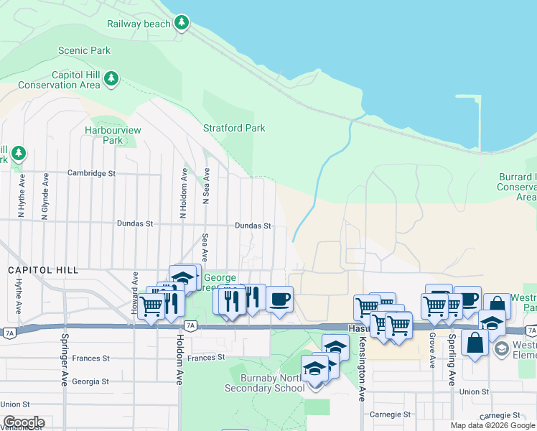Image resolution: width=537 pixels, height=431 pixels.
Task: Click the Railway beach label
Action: [139, 24]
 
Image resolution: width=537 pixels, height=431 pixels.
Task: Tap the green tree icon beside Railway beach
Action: [182, 23]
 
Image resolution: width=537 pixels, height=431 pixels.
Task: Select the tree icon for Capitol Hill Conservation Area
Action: [111, 78]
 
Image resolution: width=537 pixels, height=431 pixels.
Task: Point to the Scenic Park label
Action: [85, 51]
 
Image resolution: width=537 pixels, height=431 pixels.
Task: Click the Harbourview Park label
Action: [113, 135]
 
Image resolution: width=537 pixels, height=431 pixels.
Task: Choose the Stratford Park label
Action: [234, 129]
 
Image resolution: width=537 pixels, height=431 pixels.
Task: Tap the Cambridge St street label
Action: [91, 173]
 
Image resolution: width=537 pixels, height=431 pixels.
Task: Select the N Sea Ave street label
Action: [206, 187]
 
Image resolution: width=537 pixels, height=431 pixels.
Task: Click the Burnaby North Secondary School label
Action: [260, 383]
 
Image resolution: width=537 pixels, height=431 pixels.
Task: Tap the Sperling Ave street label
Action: [452, 359]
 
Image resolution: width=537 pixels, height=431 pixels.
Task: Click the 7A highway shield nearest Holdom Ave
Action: [190, 325]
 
